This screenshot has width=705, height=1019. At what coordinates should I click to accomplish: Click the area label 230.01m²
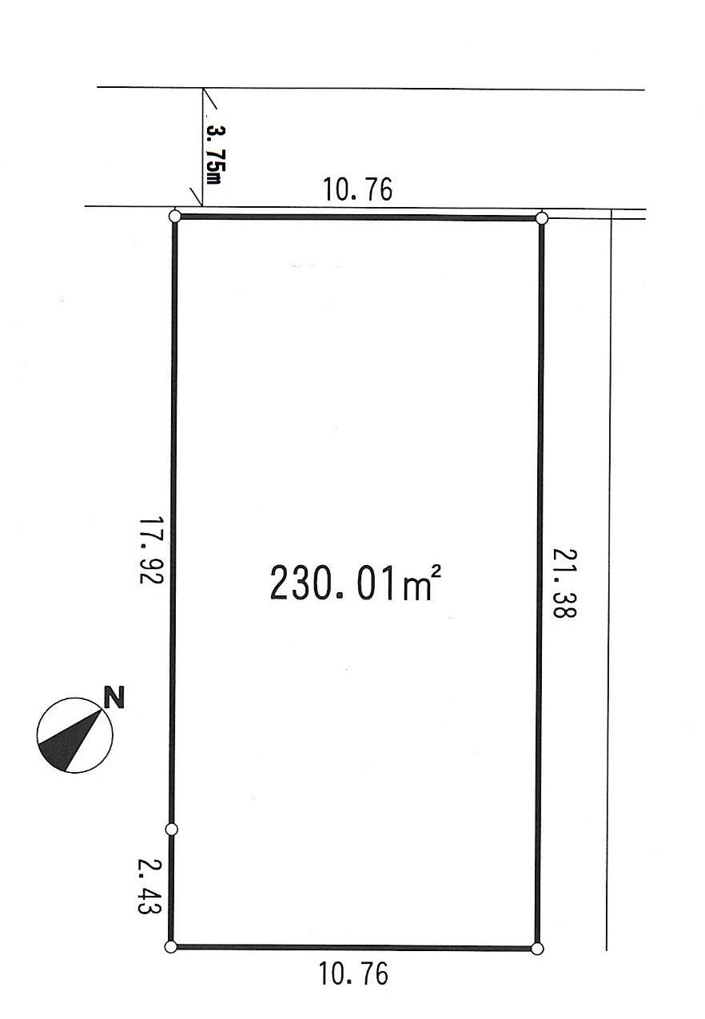[x=356, y=583]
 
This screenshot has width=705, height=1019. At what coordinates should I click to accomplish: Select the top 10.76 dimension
[x=357, y=190]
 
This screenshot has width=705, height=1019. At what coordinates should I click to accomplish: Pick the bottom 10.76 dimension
[x=353, y=974]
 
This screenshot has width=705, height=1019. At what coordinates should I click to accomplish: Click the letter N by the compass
[x=115, y=698]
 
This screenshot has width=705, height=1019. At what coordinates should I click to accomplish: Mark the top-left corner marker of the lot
[x=176, y=216]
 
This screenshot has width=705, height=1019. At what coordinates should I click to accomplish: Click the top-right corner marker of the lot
[x=542, y=217]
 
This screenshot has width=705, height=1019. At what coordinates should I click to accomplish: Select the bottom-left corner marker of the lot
[x=170, y=947]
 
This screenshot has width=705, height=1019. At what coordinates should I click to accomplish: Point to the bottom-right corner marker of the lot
[x=537, y=949]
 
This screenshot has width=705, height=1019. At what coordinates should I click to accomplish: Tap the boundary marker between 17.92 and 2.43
[x=171, y=830]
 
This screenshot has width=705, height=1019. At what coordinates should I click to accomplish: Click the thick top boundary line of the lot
[x=359, y=217]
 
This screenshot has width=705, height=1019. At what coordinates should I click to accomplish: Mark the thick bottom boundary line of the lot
[x=353, y=948]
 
